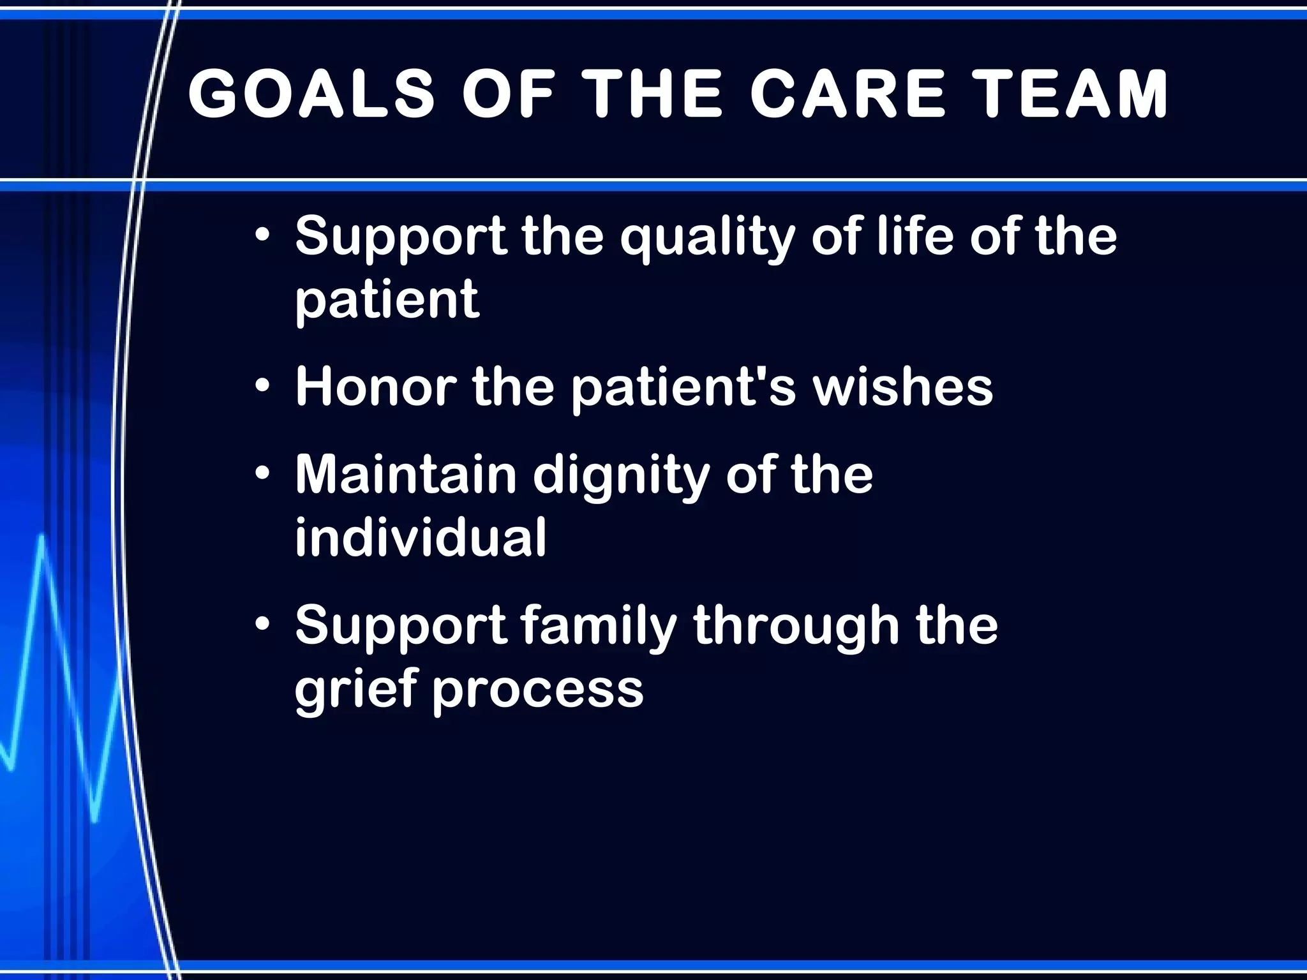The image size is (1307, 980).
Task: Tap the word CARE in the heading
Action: [x=848, y=94]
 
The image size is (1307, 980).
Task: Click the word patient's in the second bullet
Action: [x=683, y=387]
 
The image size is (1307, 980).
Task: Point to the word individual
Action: [x=420, y=537]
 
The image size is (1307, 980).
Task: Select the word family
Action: [x=599, y=626]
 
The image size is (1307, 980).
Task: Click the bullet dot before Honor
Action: [x=262, y=387]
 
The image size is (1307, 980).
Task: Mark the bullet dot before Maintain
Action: [x=262, y=474]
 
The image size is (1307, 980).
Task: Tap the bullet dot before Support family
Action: [x=262, y=625]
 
